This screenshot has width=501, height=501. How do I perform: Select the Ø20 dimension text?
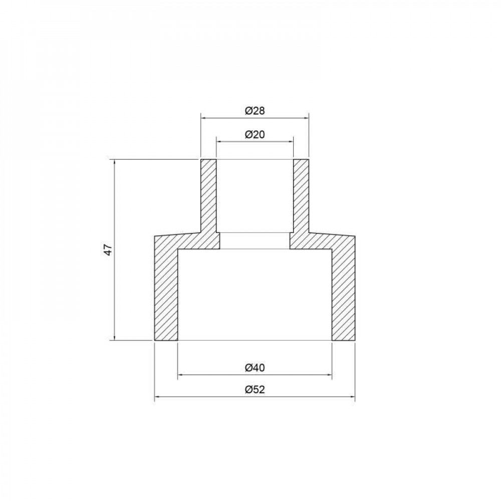pyautogui.click(x=255, y=134)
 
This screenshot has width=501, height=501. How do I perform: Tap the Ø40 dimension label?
pyautogui.click(x=255, y=367)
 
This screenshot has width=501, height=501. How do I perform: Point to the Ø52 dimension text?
pyautogui.click(x=255, y=390)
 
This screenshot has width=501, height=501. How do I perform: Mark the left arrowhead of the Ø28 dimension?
pyautogui.click(x=203, y=118)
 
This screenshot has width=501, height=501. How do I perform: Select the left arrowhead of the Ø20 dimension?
pyautogui.click(x=218, y=142)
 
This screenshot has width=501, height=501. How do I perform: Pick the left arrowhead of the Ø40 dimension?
pyautogui.click(x=181, y=374)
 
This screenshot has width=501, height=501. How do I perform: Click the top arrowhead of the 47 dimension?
pyautogui.click(x=115, y=162)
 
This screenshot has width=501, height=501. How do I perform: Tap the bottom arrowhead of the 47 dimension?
pyautogui.click(x=115, y=338)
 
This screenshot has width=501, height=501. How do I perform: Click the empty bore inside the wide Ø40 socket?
pyautogui.click(x=255, y=296)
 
